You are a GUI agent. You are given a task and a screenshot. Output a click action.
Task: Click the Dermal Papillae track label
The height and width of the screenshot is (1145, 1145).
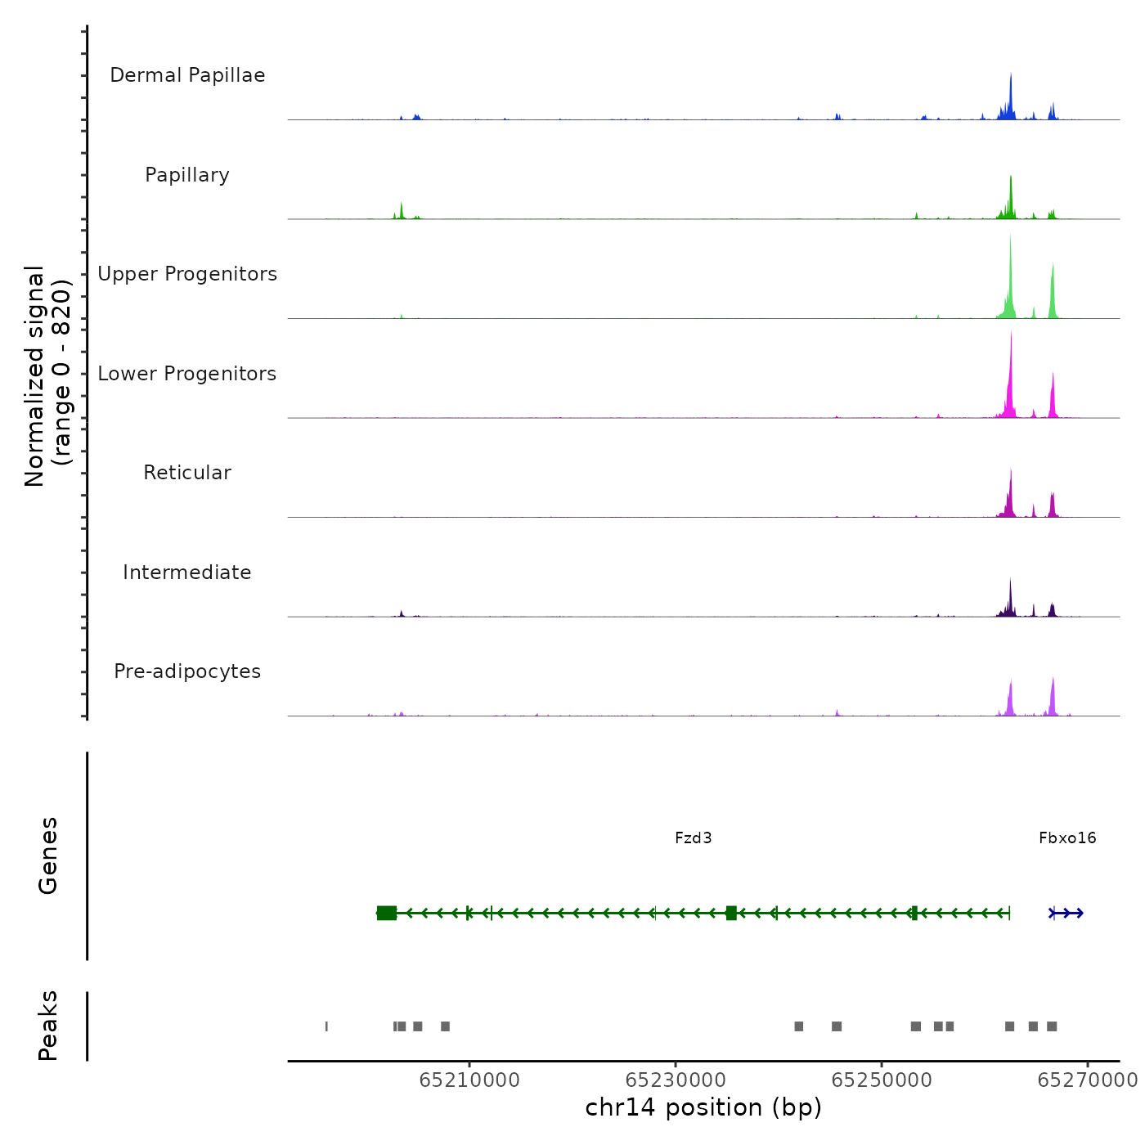click(187, 75)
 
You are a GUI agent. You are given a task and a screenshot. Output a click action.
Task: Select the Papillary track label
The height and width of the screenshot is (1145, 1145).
click(187, 175)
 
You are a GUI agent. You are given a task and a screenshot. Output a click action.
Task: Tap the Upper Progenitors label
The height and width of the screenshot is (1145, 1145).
click(187, 274)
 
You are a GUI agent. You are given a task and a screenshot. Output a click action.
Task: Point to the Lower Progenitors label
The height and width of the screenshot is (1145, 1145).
click(187, 374)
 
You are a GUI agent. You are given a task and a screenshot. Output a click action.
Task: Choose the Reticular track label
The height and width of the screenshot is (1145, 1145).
click(187, 473)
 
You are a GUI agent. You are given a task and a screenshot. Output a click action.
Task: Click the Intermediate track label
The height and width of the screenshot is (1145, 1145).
click(187, 572)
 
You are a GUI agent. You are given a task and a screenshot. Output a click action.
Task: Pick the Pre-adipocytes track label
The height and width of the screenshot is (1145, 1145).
click(187, 671)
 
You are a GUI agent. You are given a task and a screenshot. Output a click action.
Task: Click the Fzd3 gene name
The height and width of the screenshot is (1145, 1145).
click(693, 837)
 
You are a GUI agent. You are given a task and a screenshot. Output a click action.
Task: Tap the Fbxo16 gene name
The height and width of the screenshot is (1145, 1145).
click(1067, 837)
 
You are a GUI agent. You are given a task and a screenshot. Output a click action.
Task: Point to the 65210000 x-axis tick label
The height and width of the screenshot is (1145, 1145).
click(469, 1080)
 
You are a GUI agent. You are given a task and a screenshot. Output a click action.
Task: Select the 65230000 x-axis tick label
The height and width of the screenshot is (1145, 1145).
click(676, 1080)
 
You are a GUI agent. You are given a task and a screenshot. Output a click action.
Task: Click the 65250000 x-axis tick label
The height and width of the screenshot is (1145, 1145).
click(882, 1080)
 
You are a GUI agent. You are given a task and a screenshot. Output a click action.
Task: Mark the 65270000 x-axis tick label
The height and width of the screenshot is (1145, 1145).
click(1087, 1080)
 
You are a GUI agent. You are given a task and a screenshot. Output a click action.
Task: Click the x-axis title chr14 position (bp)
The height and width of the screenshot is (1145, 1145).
click(703, 1107)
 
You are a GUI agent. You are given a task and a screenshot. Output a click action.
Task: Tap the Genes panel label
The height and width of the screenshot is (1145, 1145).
click(48, 855)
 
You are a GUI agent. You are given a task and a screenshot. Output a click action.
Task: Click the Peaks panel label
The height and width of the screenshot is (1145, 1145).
click(48, 1026)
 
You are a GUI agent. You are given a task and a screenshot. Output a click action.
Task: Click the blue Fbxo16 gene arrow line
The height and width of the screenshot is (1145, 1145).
click(1066, 913)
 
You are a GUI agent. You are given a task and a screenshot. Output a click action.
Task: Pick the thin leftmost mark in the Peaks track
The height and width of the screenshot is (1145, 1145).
click(326, 1026)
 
